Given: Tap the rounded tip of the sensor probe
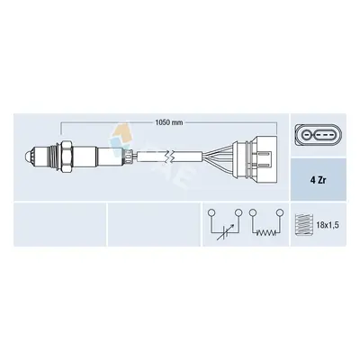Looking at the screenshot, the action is pyautogui.click(x=27, y=157).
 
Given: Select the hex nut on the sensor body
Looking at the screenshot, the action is pyautogui.click(x=67, y=157).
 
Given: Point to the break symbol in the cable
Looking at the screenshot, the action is pyautogui.click(x=170, y=157).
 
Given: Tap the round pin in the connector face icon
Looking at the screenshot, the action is pyautogui.click(x=306, y=136).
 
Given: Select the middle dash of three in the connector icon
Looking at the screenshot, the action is pyautogui.click(x=324, y=136).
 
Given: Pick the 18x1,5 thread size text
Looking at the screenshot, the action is pyautogui.click(x=328, y=225).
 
